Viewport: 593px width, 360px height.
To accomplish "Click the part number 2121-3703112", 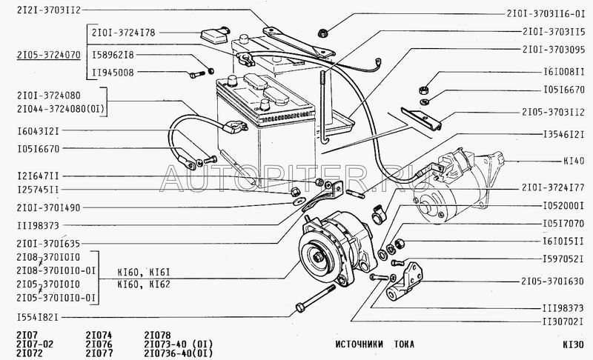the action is [49, 10].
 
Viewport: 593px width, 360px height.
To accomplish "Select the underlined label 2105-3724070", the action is [49, 55].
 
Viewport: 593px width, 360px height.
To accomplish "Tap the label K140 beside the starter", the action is [574, 161].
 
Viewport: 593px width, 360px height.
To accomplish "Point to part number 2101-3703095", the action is [554, 50].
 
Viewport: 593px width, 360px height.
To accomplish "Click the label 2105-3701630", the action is [552, 281].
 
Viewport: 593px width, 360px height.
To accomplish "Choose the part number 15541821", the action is [38, 317].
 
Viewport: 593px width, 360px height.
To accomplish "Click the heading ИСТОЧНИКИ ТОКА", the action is [375, 344].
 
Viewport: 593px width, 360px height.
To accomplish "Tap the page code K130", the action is [573, 344].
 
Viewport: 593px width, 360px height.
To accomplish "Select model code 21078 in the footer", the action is [157, 335].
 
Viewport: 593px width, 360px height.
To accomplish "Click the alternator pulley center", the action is [319, 257].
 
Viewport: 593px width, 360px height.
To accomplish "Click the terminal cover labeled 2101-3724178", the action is [215, 35].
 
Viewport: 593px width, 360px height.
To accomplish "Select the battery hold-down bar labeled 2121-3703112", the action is [299, 41].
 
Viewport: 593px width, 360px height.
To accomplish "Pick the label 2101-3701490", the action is [48, 207].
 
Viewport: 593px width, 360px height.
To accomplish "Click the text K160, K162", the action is [144, 284].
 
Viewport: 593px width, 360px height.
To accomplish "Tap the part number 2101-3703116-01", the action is [546, 14].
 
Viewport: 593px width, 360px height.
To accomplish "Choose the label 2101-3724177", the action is [553, 187].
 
